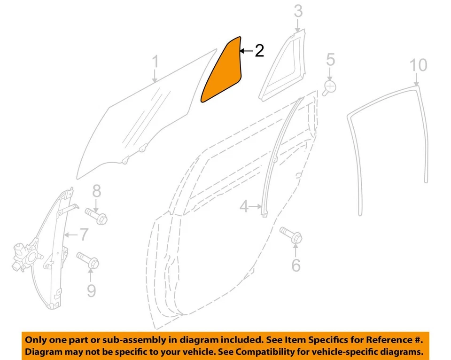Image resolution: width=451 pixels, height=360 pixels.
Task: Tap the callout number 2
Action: (x=259, y=51)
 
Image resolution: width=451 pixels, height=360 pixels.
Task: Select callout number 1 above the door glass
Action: (x=156, y=62)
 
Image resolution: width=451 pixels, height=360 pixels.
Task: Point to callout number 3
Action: (x=299, y=11)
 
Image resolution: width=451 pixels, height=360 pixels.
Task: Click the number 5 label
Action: (x=330, y=60)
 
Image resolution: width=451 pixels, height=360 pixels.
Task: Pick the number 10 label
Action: (x=418, y=65)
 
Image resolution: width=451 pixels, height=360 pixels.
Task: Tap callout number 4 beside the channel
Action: (x=244, y=206)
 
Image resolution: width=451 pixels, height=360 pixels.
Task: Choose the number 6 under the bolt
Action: (x=296, y=266)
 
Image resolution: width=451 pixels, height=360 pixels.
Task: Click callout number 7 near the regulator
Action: (x=83, y=233)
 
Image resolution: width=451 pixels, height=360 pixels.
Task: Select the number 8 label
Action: (x=96, y=191)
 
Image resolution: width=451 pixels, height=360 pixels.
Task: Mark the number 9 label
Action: (x=91, y=290)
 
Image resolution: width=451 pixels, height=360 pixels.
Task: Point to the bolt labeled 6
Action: (x=291, y=235)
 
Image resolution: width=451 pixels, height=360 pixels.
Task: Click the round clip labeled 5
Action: (x=330, y=86)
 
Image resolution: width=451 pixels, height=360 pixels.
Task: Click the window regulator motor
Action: (x=26, y=256)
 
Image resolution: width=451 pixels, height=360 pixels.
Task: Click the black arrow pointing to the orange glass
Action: (x=246, y=51)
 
